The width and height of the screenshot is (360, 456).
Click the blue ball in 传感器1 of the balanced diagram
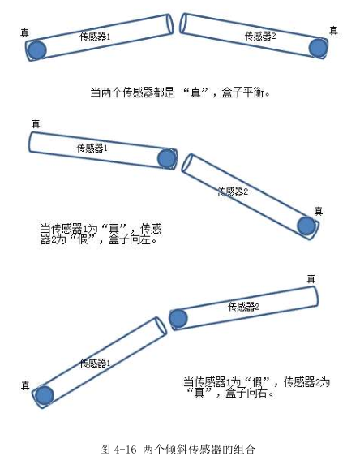click(36, 50)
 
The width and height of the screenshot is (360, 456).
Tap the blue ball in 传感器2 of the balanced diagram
click(318, 48)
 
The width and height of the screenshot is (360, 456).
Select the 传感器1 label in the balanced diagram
click(95, 37)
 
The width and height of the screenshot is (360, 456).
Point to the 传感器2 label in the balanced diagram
click(260, 36)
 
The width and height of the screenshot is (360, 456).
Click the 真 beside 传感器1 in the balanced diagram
click(24, 32)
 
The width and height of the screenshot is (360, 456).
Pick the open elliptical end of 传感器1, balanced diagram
click(170, 24)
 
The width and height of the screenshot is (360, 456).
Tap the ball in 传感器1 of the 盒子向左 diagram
click(167, 158)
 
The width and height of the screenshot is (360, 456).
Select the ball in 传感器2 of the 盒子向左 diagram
click(306, 226)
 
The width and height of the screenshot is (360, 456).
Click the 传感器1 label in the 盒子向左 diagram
click(92, 148)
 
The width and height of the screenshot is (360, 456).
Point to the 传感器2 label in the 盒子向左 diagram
click(233, 191)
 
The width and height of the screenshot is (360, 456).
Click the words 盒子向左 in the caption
click(130, 239)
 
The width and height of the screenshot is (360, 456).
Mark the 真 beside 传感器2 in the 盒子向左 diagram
click(319, 211)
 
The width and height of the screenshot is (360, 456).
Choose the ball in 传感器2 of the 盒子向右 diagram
click(178, 318)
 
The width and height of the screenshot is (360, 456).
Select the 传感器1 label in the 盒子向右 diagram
click(95, 363)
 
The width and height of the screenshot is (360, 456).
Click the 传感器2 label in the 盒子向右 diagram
click(243, 306)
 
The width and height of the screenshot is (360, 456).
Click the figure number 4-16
click(125, 449)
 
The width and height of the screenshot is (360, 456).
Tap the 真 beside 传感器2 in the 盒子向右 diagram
click(311, 278)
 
